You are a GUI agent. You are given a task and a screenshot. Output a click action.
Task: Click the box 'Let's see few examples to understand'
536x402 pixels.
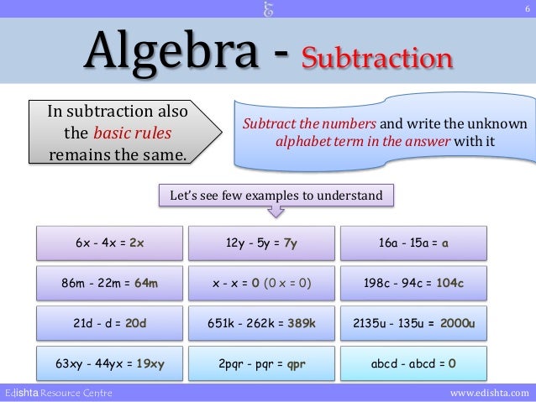pos(276,196)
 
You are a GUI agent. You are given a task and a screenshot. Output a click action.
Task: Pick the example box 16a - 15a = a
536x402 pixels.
pos(414,243)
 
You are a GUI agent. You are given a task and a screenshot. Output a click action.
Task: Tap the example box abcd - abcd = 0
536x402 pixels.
pos(414,363)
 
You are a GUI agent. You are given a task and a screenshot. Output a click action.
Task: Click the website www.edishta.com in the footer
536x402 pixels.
pos(490,393)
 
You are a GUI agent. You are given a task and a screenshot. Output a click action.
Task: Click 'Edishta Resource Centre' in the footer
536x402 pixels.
pos(57,393)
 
